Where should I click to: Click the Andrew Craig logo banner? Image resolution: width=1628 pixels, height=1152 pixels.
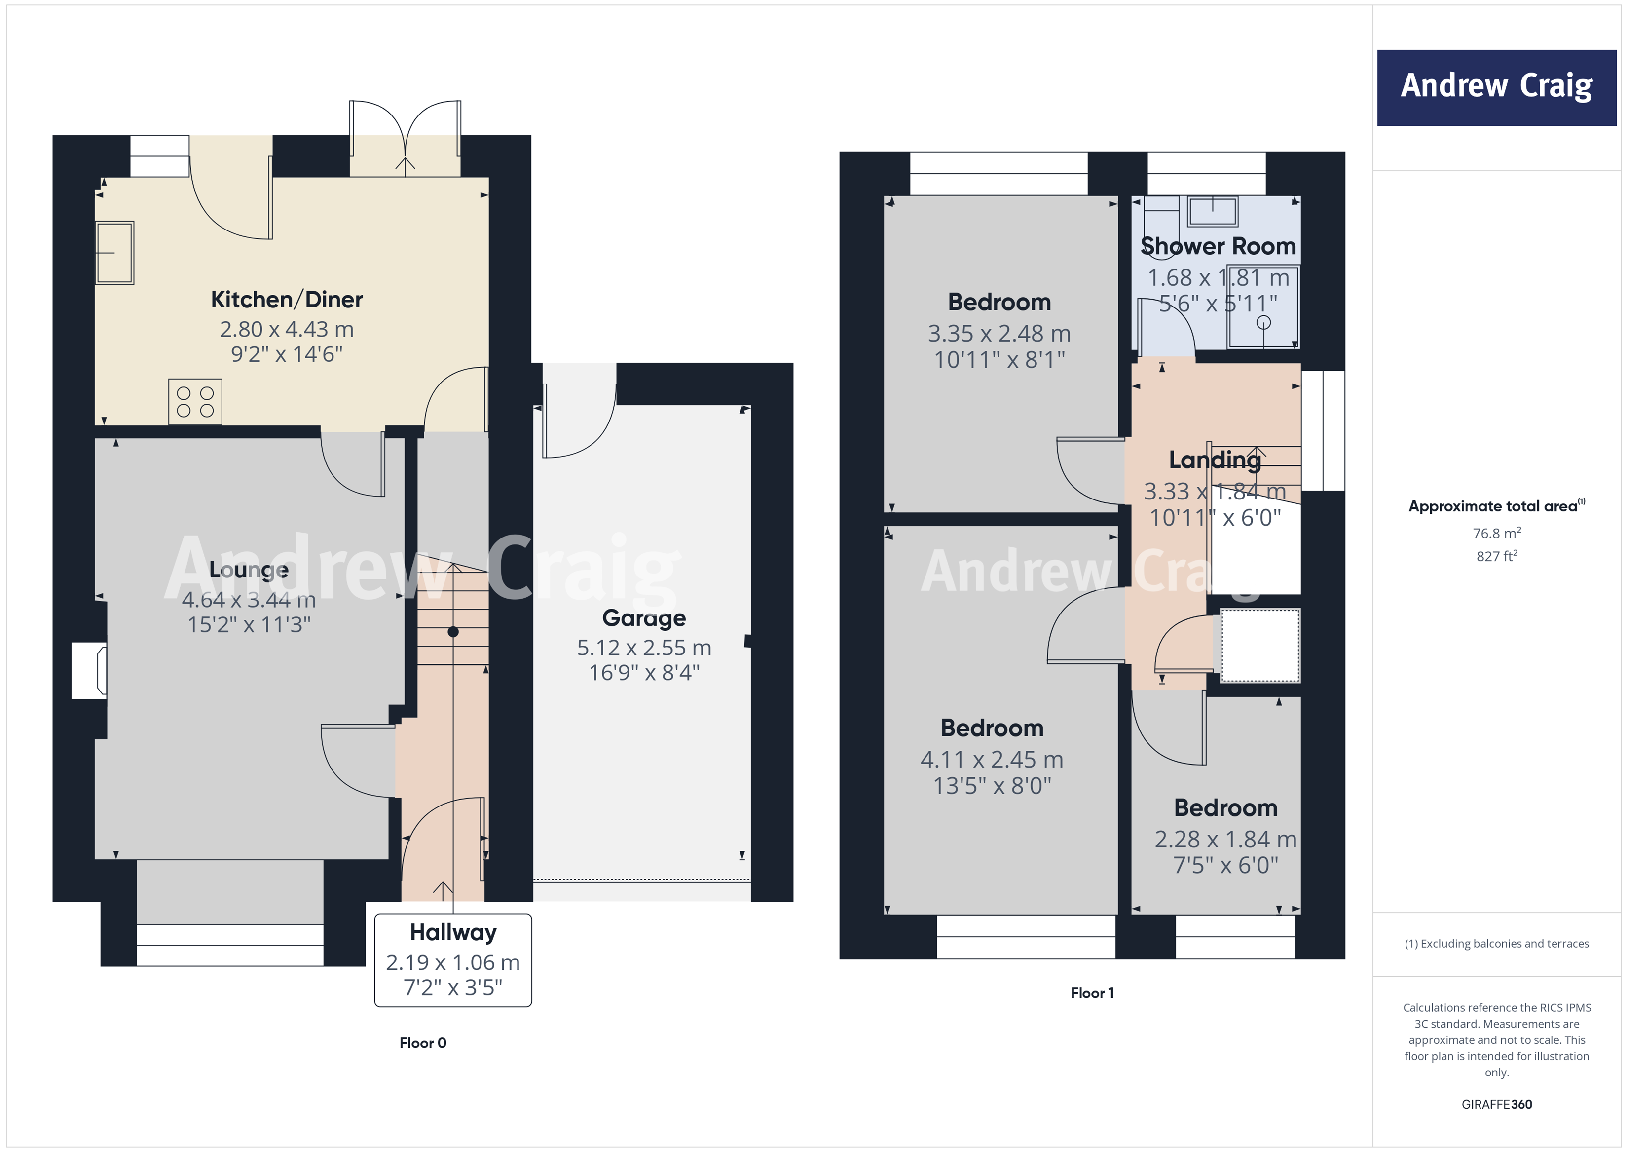[1496, 87]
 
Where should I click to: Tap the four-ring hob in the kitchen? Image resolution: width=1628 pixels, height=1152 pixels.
[195, 401]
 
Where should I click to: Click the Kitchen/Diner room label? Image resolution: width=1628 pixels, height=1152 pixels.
[287, 299]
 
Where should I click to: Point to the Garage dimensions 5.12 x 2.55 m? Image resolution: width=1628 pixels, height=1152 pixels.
[644, 647]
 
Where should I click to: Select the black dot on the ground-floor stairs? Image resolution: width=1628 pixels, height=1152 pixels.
[453, 631]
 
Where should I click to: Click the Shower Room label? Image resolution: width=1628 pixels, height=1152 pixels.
[1218, 246]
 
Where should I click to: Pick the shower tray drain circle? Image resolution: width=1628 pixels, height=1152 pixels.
[1263, 323]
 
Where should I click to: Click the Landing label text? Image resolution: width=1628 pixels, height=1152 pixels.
[1215, 460]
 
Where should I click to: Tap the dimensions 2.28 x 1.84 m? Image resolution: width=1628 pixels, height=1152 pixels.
[1225, 839]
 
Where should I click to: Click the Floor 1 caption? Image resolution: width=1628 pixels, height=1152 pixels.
[1092, 993]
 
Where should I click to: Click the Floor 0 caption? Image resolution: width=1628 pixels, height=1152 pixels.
[423, 1043]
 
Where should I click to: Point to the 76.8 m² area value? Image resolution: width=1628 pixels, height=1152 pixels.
[1496, 533]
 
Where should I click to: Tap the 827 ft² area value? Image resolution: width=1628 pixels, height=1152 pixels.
[1496, 556]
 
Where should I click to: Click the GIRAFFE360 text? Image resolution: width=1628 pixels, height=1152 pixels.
[1496, 1104]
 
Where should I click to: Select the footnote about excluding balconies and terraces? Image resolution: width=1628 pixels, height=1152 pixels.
[1496, 943]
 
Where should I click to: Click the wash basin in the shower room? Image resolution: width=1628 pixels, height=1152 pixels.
[1213, 211]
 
